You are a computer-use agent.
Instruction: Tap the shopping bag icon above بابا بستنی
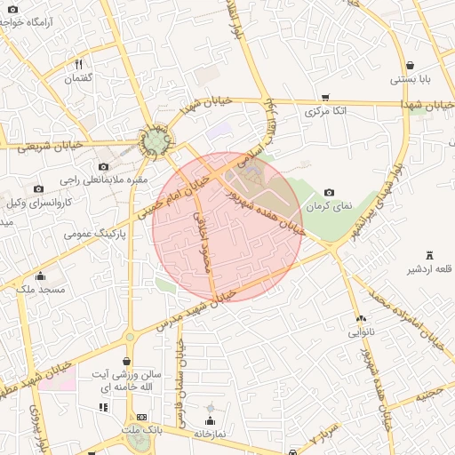[410, 65]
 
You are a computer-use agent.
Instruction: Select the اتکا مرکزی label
[325, 112]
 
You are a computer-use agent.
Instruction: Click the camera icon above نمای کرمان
[330, 192]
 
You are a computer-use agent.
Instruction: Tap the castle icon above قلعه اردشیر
[430, 255]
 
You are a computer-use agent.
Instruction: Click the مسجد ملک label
[40, 290]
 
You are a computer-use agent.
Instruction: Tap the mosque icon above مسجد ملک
[40, 275]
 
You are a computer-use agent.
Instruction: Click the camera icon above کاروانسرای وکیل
[38, 188]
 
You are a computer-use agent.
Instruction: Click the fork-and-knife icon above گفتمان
[78, 64]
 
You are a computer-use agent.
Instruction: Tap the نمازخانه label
[210, 434]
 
